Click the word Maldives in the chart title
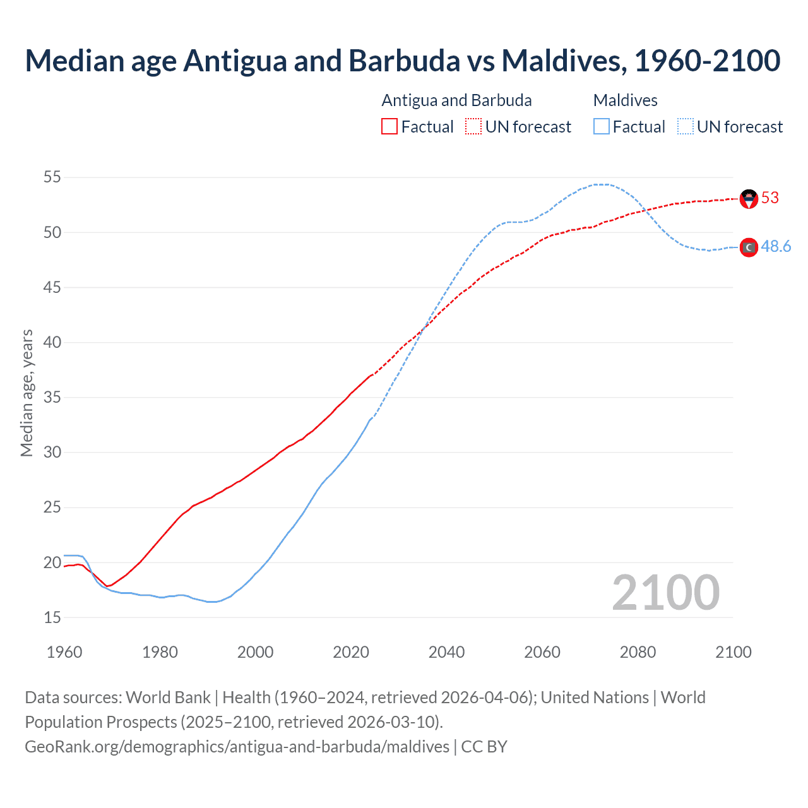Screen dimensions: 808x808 [x=563, y=61]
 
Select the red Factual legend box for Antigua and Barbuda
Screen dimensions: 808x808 [x=389, y=127]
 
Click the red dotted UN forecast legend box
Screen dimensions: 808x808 [x=473, y=127]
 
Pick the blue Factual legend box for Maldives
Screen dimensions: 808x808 [x=602, y=127]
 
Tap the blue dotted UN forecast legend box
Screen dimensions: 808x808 [x=686, y=127]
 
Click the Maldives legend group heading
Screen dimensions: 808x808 [x=625, y=100]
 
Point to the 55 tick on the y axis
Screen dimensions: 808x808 [x=52, y=177]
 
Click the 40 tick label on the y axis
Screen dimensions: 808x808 [x=52, y=343]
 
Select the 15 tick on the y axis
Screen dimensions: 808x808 [x=52, y=617]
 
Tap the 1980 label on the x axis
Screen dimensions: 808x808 [x=160, y=652]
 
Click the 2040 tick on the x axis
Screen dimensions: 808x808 [x=446, y=652]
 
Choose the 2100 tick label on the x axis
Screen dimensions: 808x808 [x=734, y=652]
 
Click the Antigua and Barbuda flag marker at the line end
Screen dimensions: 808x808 [x=749, y=199]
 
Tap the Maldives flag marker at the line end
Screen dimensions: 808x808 [x=749, y=247]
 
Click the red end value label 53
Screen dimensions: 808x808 [x=770, y=198]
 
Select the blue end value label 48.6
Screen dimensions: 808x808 [x=776, y=247]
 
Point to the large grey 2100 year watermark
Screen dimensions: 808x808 [x=665, y=593]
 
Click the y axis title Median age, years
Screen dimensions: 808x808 [x=27, y=393]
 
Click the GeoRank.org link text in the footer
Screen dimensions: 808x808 [x=237, y=747]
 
